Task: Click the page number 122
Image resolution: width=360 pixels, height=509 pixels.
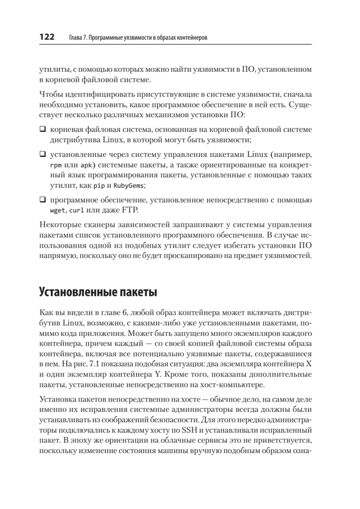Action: coord(47,37)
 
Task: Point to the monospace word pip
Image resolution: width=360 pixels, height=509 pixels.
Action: coord(99,186)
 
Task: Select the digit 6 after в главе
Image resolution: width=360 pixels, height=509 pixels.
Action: coord(126,313)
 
